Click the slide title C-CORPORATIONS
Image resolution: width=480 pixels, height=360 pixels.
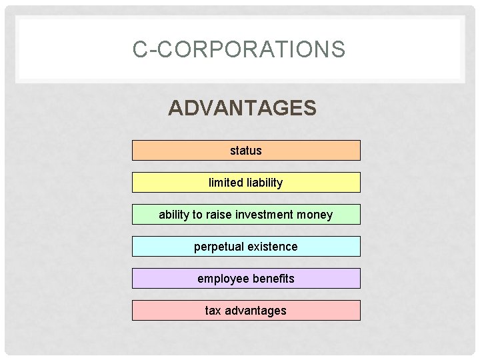point(239,49)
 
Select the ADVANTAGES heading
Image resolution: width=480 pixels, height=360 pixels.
point(242,108)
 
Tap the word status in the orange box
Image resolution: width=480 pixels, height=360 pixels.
point(246,151)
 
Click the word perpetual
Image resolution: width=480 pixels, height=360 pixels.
point(219,247)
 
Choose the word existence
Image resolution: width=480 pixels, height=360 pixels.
point(273,247)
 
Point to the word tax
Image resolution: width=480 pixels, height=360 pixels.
point(213,311)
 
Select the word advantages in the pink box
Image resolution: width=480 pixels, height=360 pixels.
point(255,311)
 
